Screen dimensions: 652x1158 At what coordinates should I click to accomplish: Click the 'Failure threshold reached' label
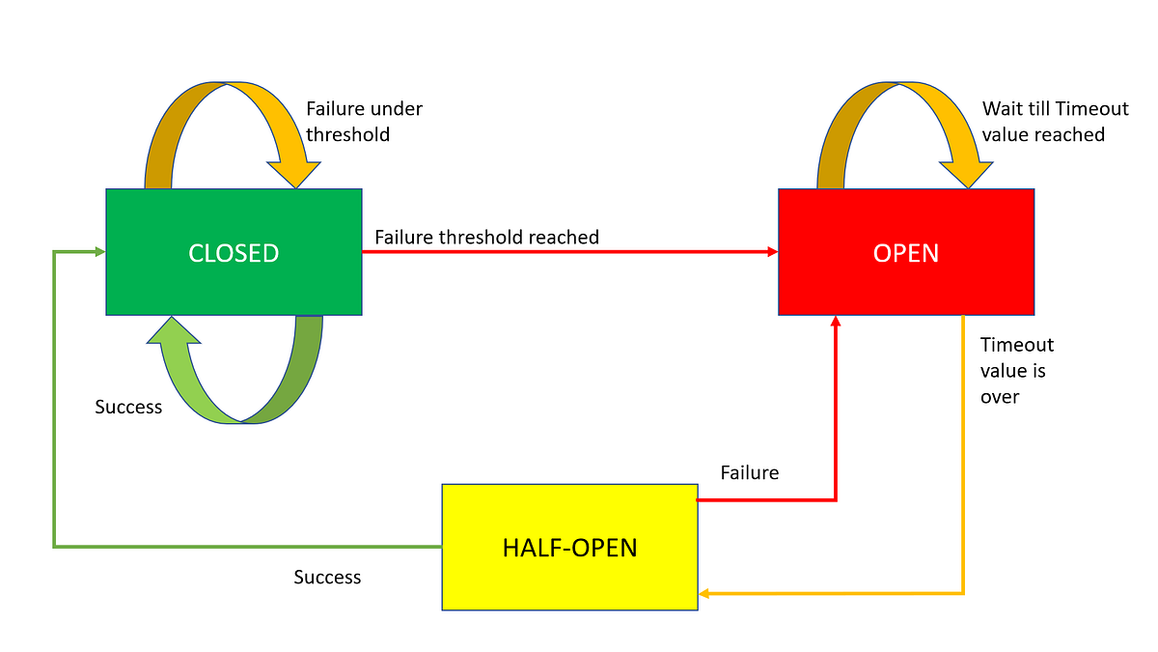[x=486, y=237]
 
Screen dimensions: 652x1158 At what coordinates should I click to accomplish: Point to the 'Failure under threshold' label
[x=364, y=122]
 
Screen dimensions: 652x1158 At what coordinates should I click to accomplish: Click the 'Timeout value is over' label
[x=1016, y=370]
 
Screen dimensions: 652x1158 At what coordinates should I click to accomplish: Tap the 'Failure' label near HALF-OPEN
[x=749, y=472]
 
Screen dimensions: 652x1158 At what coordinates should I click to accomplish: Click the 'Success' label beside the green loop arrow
[x=128, y=407]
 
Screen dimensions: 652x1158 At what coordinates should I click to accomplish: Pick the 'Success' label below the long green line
[x=327, y=577]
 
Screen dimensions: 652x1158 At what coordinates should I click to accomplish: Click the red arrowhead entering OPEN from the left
[x=772, y=252]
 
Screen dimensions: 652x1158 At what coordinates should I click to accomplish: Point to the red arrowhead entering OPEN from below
[x=836, y=323]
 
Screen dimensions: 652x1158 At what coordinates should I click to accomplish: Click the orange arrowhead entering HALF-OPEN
[x=704, y=594]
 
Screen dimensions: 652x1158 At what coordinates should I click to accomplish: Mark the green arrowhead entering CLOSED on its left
[x=99, y=252]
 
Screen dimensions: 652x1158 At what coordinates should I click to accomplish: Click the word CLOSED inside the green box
[x=234, y=253]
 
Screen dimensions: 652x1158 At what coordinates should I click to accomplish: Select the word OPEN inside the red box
[x=906, y=253]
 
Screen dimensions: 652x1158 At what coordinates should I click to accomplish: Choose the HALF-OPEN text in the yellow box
[x=569, y=548]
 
